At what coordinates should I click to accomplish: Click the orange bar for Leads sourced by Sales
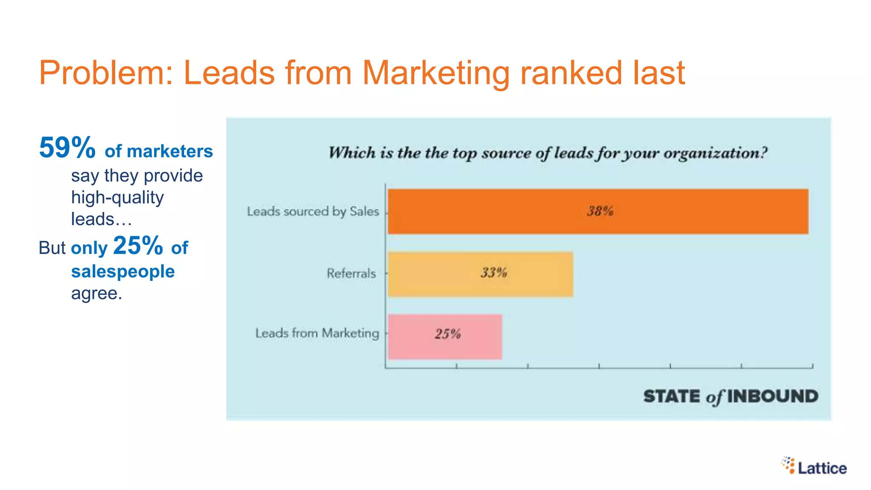[x=598, y=211]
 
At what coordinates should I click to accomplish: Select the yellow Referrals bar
[x=481, y=274]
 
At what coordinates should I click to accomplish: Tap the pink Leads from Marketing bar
[x=445, y=336]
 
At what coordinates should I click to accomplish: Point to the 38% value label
[x=600, y=211]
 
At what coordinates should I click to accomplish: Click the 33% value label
[x=494, y=273]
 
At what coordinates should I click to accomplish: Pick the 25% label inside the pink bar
[x=447, y=334]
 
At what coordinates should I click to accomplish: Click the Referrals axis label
[x=351, y=273]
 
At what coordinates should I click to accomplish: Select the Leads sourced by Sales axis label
[x=313, y=211]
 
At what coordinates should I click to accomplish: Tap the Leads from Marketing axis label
[x=317, y=333]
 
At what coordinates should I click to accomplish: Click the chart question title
[x=548, y=153]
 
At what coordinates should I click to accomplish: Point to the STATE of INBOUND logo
[x=730, y=396]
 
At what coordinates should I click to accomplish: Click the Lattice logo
[x=814, y=466]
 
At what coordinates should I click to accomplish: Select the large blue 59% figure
[x=67, y=148]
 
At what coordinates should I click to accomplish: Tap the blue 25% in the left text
[x=138, y=245]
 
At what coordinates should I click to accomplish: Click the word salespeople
[x=123, y=271]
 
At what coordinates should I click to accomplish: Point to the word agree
[x=96, y=293]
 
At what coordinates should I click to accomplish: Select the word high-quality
[x=117, y=198]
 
